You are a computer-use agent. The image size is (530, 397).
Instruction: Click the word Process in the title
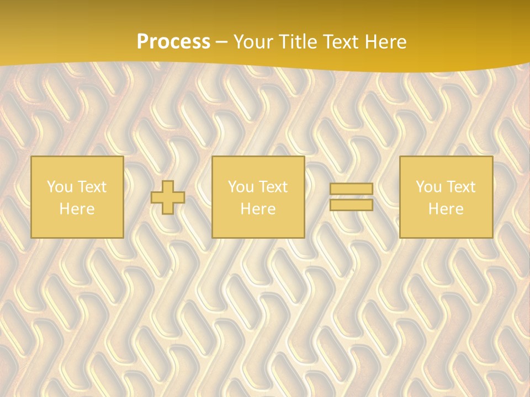coord(173,42)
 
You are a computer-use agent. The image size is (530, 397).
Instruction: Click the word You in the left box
coord(59,187)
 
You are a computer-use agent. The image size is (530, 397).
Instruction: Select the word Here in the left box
coord(77,209)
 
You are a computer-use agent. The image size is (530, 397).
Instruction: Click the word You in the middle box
coord(241,187)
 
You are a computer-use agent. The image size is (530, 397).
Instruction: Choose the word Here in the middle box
coord(258,209)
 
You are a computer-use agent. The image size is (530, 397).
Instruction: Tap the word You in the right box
coord(428,187)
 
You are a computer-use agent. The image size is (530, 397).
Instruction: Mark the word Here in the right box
coord(446,209)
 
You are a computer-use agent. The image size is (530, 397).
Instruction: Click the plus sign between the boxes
coord(168,197)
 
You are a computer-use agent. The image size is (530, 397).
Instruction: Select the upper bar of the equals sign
coord(351,189)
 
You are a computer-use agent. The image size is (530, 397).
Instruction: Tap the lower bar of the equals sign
coord(351,205)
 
